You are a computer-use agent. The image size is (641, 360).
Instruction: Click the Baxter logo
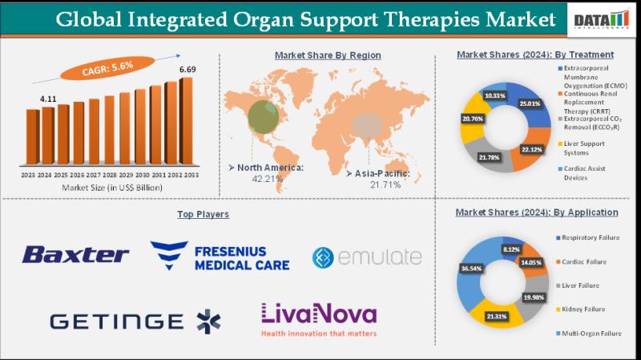click(x=75, y=255)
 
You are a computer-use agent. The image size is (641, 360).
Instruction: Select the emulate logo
click(x=366, y=257)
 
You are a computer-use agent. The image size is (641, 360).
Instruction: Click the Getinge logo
click(x=135, y=320)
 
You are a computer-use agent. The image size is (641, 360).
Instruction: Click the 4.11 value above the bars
click(x=48, y=99)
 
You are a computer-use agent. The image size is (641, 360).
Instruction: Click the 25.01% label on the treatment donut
click(x=530, y=103)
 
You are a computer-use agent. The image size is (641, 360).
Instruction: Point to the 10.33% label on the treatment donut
click(x=494, y=95)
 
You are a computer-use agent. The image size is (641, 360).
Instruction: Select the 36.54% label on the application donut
click(x=473, y=270)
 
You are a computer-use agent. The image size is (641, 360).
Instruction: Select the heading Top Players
click(x=203, y=214)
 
